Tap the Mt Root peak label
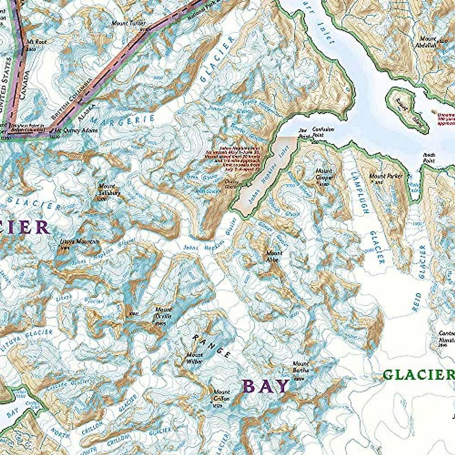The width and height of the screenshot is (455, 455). (x=36, y=42)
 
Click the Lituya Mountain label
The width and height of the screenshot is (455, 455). (x=80, y=242)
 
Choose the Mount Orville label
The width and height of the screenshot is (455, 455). (x=163, y=313)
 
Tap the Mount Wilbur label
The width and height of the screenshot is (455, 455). (x=194, y=358)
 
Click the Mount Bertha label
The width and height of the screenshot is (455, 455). (x=301, y=367)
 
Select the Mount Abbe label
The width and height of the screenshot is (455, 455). (x=274, y=256)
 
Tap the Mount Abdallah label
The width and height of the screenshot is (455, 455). (x=428, y=42)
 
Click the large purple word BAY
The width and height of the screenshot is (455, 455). (x=266, y=386)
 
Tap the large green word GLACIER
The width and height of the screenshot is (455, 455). (x=418, y=375)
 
